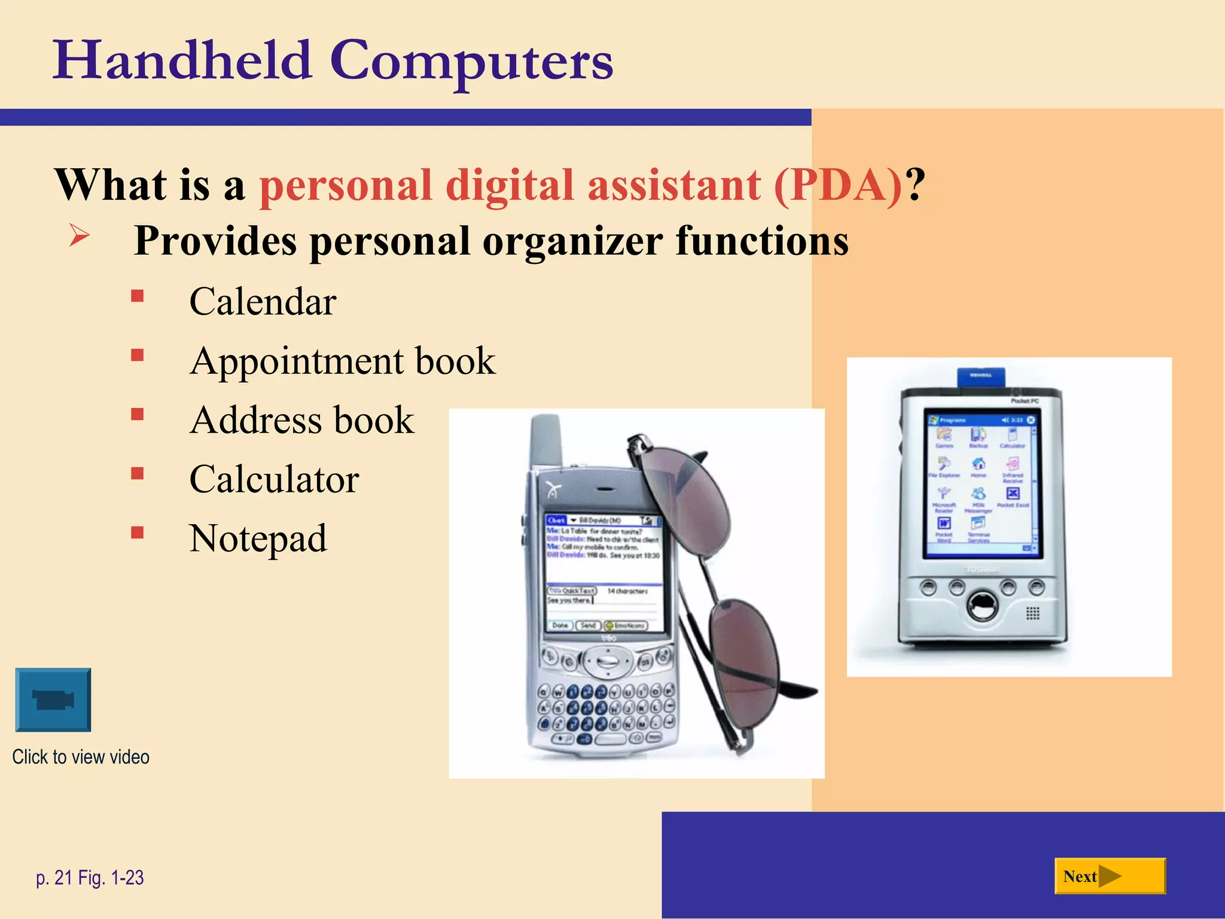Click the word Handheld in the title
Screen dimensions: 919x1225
[x=182, y=61]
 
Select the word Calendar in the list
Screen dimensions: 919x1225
[x=263, y=302]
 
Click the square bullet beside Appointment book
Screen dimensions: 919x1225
[x=138, y=355]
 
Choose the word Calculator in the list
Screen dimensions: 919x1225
[x=274, y=479]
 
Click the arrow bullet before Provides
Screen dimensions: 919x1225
[x=79, y=235]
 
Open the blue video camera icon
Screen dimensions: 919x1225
[x=53, y=699]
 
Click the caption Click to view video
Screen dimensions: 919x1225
[x=81, y=757]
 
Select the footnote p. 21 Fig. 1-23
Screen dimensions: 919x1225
[x=90, y=878]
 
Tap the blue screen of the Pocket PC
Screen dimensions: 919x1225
[x=982, y=483]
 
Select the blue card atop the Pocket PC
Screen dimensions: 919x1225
[x=981, y=377]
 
